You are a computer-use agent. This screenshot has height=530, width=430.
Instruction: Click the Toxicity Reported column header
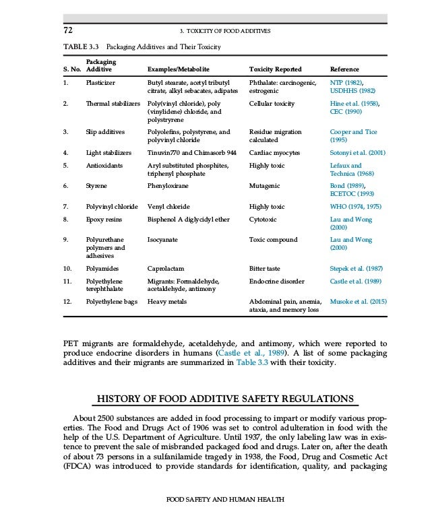(x=275, y=69)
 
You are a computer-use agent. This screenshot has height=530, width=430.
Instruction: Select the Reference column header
(x=344, y=69)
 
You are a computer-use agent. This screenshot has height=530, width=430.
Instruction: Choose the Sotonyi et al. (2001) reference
(x=357, y=152)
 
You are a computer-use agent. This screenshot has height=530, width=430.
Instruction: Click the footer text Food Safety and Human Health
(x=215, y=499)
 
